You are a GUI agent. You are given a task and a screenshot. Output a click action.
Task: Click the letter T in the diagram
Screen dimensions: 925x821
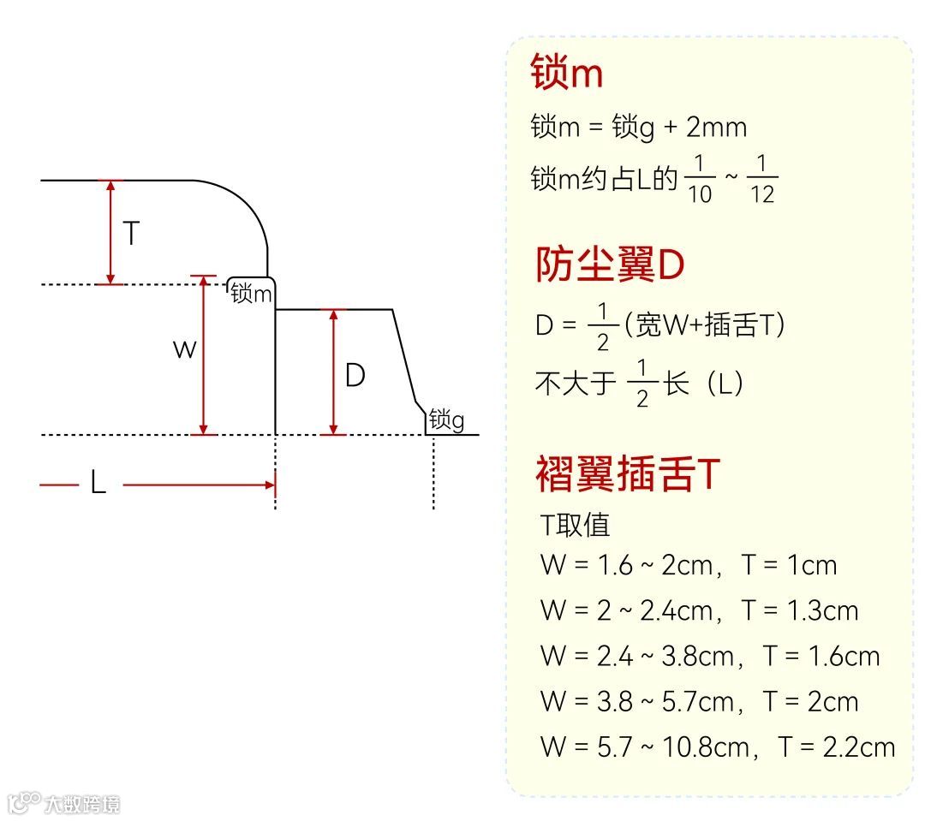pyautogui.click(x=131, y=233)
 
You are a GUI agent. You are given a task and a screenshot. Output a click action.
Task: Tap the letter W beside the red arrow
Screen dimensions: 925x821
pyautogui.click(x=184, y=349)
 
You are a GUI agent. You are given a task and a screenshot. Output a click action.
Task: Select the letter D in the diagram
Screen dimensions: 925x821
pyautogui.click(x=355, y=375)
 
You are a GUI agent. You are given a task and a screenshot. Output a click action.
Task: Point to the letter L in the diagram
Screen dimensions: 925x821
pyautogui.click(x=98, y=484)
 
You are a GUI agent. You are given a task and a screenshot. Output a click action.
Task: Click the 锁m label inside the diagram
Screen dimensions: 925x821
pyautogui.click(x=252, y=294)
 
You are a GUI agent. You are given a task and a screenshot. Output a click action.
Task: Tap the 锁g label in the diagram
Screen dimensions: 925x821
pyautogui.click(x=446, y=419)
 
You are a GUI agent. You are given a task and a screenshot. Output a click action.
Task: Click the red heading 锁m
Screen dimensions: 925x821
pyautogui.click(x=567, y=73)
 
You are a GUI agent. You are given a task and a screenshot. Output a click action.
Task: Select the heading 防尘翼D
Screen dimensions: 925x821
pyautogui.click(x=610, y=265)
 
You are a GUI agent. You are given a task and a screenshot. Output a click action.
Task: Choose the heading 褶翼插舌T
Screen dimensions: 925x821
pyautogui.click(x=626, y=473)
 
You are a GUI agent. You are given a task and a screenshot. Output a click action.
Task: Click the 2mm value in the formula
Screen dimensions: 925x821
pyautogui.click(x=717, y=128)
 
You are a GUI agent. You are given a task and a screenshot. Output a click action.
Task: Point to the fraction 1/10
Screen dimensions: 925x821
pyautogui.click(x=699, y=179)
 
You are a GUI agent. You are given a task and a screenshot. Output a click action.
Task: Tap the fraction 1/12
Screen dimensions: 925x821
pyautogui.click(x=761, y=179)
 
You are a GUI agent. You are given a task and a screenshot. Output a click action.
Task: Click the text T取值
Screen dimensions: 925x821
pyautogui.click(x=575, y=525)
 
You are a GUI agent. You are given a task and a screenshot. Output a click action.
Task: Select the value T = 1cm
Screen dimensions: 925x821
pyautogui.click(x=789, y=565)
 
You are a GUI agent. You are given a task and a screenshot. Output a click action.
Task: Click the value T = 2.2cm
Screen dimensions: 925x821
pyautogui.click(x=837, y=747)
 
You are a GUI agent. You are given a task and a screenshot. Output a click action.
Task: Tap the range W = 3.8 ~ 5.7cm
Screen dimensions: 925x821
pyautogui.click(x=637, y=702)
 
